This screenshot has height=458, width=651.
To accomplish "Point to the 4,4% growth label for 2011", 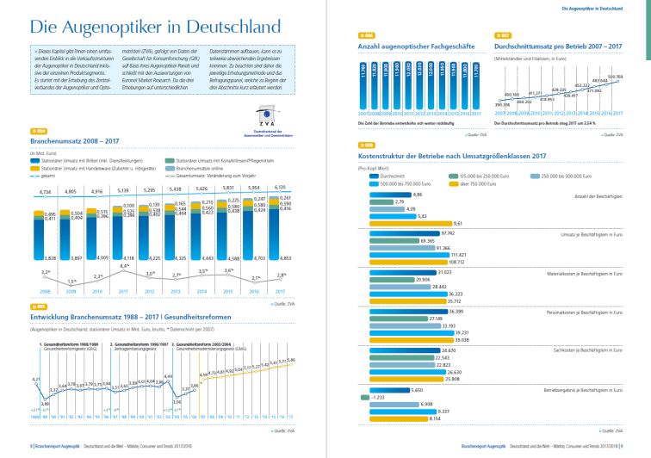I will (x=124, y=266).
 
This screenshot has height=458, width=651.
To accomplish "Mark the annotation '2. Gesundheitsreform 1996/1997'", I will (x=139, y=344).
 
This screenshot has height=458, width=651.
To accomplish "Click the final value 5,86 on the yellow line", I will (x=292, y=360).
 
